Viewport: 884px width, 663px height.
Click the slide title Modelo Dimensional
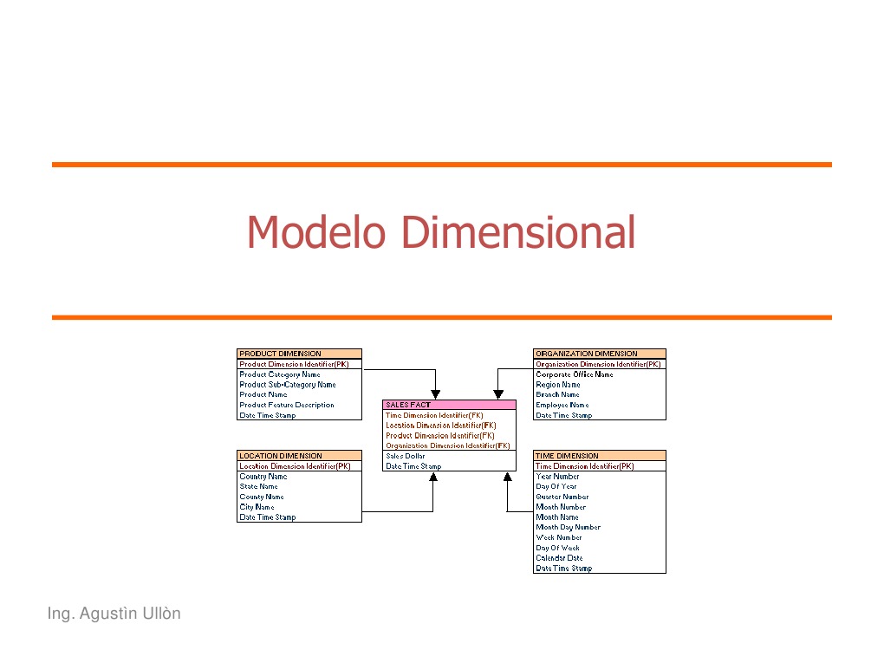coord(441,232)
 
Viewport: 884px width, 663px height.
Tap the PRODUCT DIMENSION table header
coord(299,354)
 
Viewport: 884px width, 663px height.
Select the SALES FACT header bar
coord(449,405)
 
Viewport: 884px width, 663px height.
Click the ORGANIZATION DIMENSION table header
coord(599,354)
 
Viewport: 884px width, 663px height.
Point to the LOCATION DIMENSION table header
coord(299,456)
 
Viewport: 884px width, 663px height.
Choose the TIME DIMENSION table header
coord(599,456)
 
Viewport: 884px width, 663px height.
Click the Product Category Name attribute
coord(280,374)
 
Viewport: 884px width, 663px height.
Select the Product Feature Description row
coord(287,405)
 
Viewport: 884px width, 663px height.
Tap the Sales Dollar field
coord(406,456)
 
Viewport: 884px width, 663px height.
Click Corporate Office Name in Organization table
coord(575,374)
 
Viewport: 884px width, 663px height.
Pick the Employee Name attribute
coord(562,405)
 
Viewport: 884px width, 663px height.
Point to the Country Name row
coord(263,477)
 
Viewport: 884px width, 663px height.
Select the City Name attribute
coord(257,507)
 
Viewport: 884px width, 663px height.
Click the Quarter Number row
coord(562,497)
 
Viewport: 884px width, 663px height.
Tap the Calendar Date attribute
coord(560,558)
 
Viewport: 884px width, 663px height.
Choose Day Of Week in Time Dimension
coord(558,548)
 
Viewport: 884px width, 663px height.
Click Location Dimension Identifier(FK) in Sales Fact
coord(441,426)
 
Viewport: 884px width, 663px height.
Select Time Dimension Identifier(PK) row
coord(585,466)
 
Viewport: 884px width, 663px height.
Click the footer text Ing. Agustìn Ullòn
coord(114,614)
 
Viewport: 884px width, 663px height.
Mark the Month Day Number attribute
coord(569,527)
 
